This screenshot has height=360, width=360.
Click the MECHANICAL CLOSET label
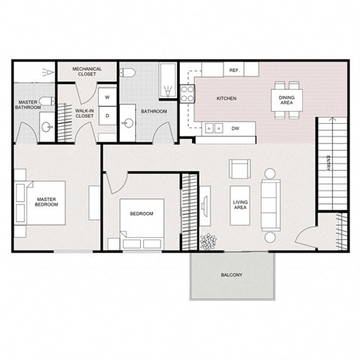coord(87,72)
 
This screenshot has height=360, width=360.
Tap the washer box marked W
coord(107,97)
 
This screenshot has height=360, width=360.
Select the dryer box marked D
coord(107,116)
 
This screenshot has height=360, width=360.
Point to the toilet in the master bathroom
coord(46,101)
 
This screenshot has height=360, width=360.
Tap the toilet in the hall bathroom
coord(128,73)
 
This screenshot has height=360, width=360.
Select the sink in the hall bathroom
coord(128,123)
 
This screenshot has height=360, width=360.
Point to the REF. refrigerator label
coord(233,70)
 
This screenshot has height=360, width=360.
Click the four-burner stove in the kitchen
coord(187,94)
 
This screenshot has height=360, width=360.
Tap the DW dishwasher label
coord(235,128)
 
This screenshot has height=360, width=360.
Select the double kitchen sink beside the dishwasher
coord(213,128)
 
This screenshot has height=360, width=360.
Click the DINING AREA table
coord(286,99)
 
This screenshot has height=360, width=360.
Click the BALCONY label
coord(231,275)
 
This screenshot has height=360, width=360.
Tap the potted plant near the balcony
coord(208,242)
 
